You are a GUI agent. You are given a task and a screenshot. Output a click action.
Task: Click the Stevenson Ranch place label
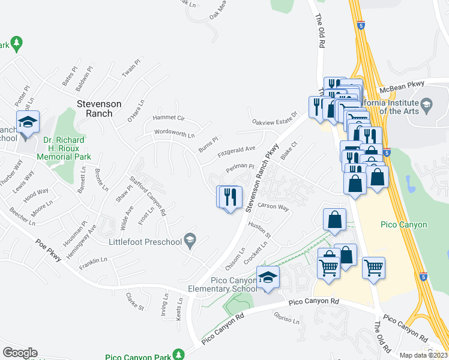click(99, 108)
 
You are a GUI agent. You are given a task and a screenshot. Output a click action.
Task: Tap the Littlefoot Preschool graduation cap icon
click(190, 241)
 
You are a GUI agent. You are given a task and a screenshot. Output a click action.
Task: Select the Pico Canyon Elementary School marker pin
click(268, 278)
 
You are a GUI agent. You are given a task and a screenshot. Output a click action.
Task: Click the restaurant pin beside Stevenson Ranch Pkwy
click(229, 197)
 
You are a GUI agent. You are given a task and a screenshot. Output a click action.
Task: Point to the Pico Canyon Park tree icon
click(178, 355)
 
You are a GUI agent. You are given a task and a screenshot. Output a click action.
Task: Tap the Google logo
click(20, 353)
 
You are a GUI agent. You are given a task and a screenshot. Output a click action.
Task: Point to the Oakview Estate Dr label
click(274, 118)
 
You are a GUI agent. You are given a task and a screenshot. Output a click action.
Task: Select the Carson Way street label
click(273, 207)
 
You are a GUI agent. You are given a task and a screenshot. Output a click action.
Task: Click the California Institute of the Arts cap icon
click(426, 104)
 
